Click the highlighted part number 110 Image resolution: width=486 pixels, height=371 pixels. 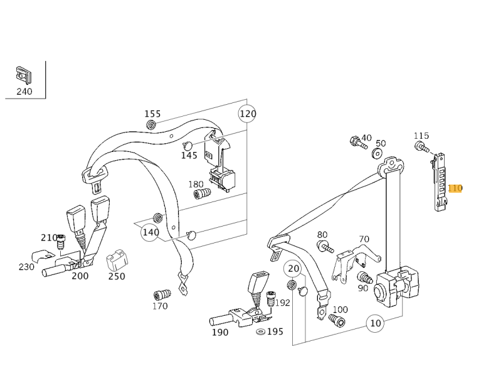[x=455, y=188]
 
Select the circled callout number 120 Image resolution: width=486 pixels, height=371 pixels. [x=247, y=114]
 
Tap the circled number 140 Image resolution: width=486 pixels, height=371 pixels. [x=150, y=232]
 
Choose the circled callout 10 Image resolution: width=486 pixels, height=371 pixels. [x=376, y=323]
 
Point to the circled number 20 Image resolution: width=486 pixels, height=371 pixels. [x=293, y=269]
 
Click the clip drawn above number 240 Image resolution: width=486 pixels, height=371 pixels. [x=24, y=75]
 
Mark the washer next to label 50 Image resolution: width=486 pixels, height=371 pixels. [x=378, y=153]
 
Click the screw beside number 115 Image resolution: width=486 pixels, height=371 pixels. [x=421, y=147]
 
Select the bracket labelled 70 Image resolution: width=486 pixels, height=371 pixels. [x=355, y=261]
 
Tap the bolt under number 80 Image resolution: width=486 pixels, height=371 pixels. [x=325, y=247]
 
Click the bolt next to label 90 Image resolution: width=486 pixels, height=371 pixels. [x=364, y=277]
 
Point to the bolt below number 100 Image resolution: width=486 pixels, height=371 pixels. [x=337, y=320]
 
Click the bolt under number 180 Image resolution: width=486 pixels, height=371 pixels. [x=202, y=193]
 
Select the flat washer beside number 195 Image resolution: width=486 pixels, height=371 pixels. [x=261, y=332]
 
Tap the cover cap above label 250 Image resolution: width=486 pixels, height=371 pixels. [x=117, y=259]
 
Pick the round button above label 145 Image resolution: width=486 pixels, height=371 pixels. [x=188, y=145]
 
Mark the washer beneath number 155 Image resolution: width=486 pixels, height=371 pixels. [x=151, y=125]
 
